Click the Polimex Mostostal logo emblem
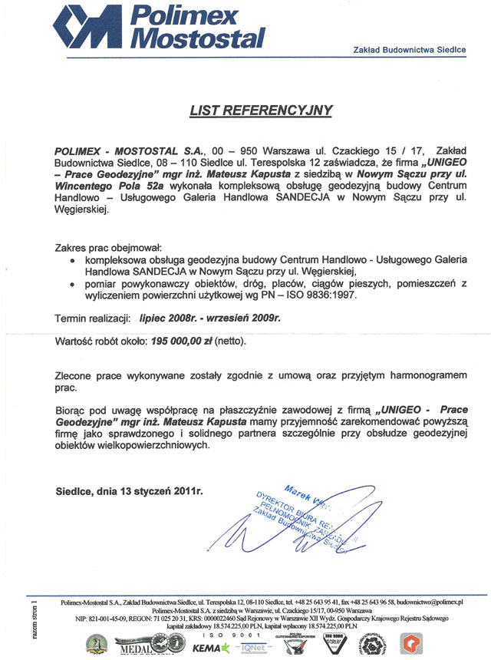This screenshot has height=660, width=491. point(88,28)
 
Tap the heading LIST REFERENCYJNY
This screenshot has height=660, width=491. point(261,111)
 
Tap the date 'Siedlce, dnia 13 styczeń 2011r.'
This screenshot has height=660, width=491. point(130,490)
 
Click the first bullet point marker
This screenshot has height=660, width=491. point(72,261)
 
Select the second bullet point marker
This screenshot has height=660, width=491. point(72,284)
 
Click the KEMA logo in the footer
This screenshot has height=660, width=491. point(210,648)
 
